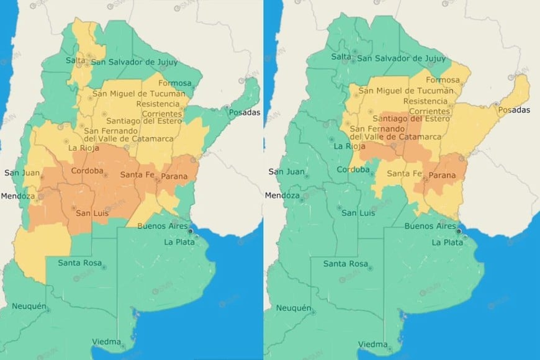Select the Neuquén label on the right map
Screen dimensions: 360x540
pyautogui.click(x=293, y=308)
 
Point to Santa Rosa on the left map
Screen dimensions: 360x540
pyautogui.click(x=79, y=263)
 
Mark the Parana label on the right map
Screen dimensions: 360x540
pyautogui.click(x=441, y=176)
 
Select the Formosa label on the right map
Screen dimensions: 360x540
pyautogui.click(x=443, y=80)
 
